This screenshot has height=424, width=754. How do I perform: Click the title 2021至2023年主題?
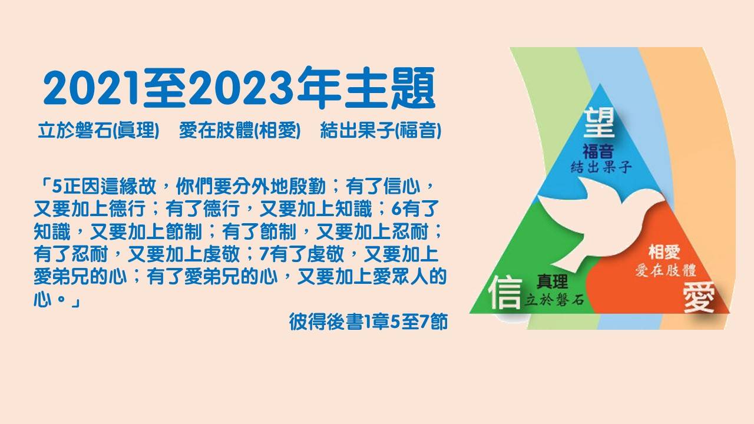239,88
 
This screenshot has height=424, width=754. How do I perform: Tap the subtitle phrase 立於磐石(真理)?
98,130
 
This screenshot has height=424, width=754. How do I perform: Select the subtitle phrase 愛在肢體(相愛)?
240,130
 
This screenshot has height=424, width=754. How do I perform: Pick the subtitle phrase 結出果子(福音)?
381,130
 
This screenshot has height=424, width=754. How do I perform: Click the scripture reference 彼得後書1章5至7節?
368,322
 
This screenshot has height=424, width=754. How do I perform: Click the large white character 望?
599,124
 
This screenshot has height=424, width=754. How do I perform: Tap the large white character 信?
505,292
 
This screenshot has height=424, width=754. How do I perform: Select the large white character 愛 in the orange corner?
699,297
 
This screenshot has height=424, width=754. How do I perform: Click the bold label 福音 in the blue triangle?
598,151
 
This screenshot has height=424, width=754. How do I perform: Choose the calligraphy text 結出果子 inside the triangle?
601,167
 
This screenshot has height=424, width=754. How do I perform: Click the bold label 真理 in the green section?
553,281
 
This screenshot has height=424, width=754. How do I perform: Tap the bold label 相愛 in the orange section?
664,252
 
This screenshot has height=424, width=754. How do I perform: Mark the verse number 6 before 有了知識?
396,209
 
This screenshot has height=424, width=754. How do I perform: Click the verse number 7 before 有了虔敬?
264,254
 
